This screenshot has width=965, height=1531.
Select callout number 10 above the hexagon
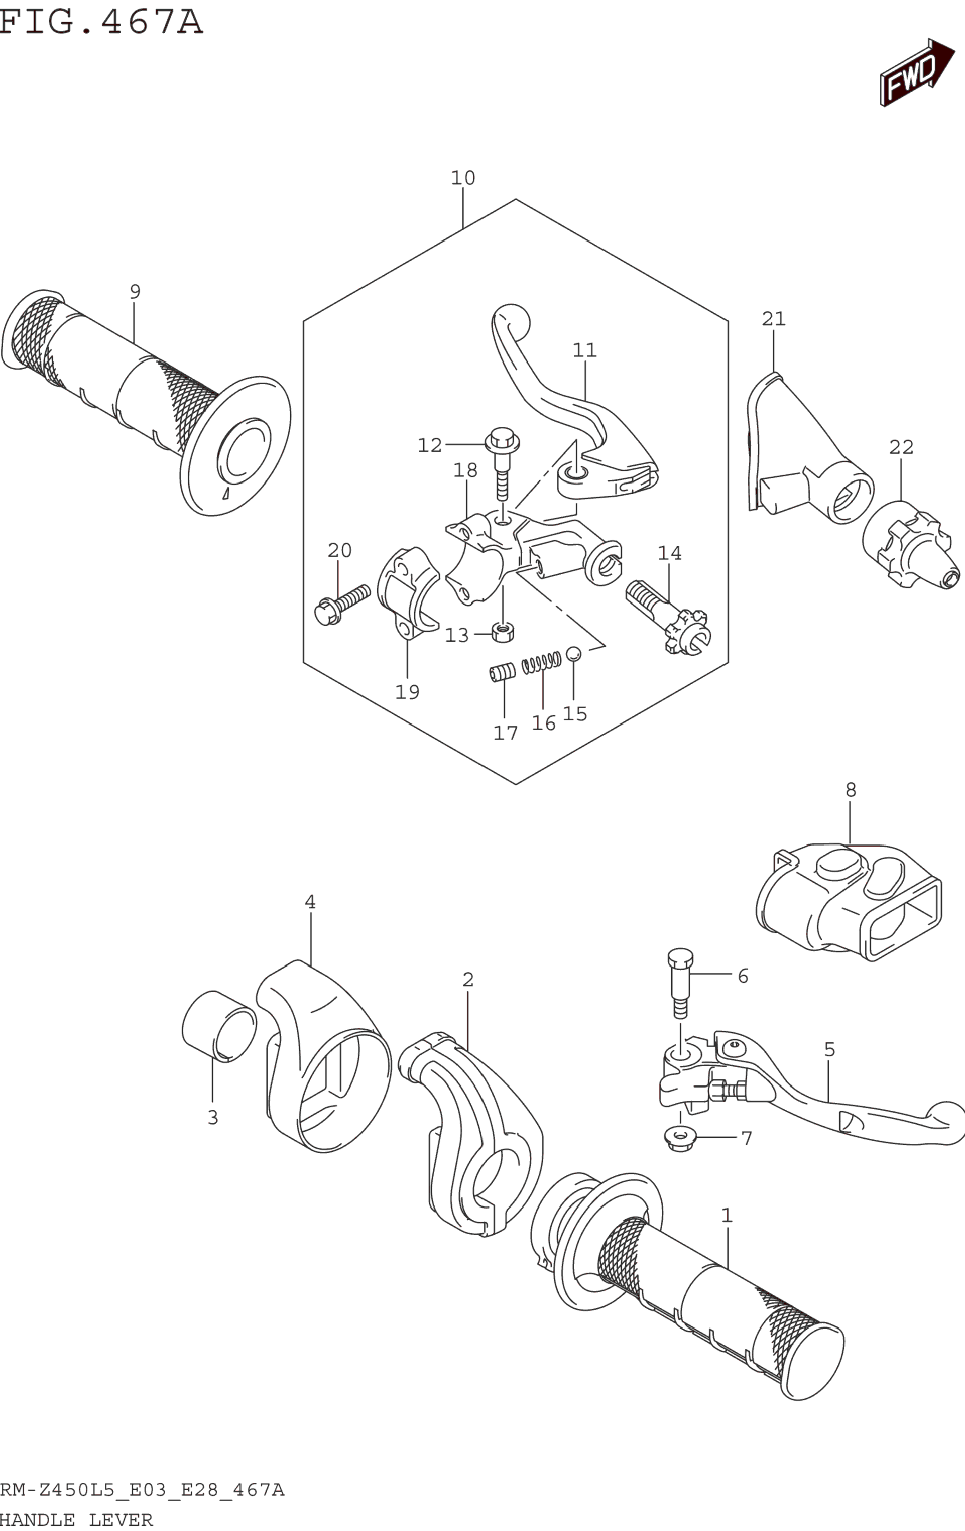coord(463,178)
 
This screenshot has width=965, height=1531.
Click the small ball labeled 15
coord(573,653)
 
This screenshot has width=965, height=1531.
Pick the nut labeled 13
coord(503,633)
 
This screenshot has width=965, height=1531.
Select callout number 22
coord(901,447)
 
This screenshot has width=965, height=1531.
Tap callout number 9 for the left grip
coord(135,292)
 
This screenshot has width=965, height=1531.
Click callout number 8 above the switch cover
coord(850,790)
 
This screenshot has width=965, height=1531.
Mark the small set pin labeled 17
coord(502,672)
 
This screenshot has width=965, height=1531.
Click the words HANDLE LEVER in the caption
coord(76,1520)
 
